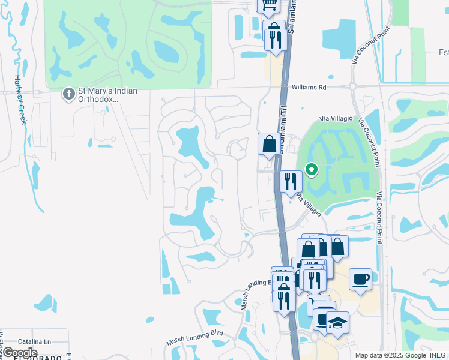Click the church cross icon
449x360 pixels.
coord(68,94)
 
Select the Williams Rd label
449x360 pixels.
coord(309,87)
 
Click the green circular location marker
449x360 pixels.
coord(311,170)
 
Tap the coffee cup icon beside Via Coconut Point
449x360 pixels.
coord(360,280)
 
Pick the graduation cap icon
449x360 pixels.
coord(337,323)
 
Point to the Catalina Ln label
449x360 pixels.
coord(34,340)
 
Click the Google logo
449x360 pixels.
coord(20,353)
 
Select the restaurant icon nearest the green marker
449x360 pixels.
coord(291,181)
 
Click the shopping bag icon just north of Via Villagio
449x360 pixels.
coord(269,145)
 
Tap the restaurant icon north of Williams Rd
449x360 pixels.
coord(275,40)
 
